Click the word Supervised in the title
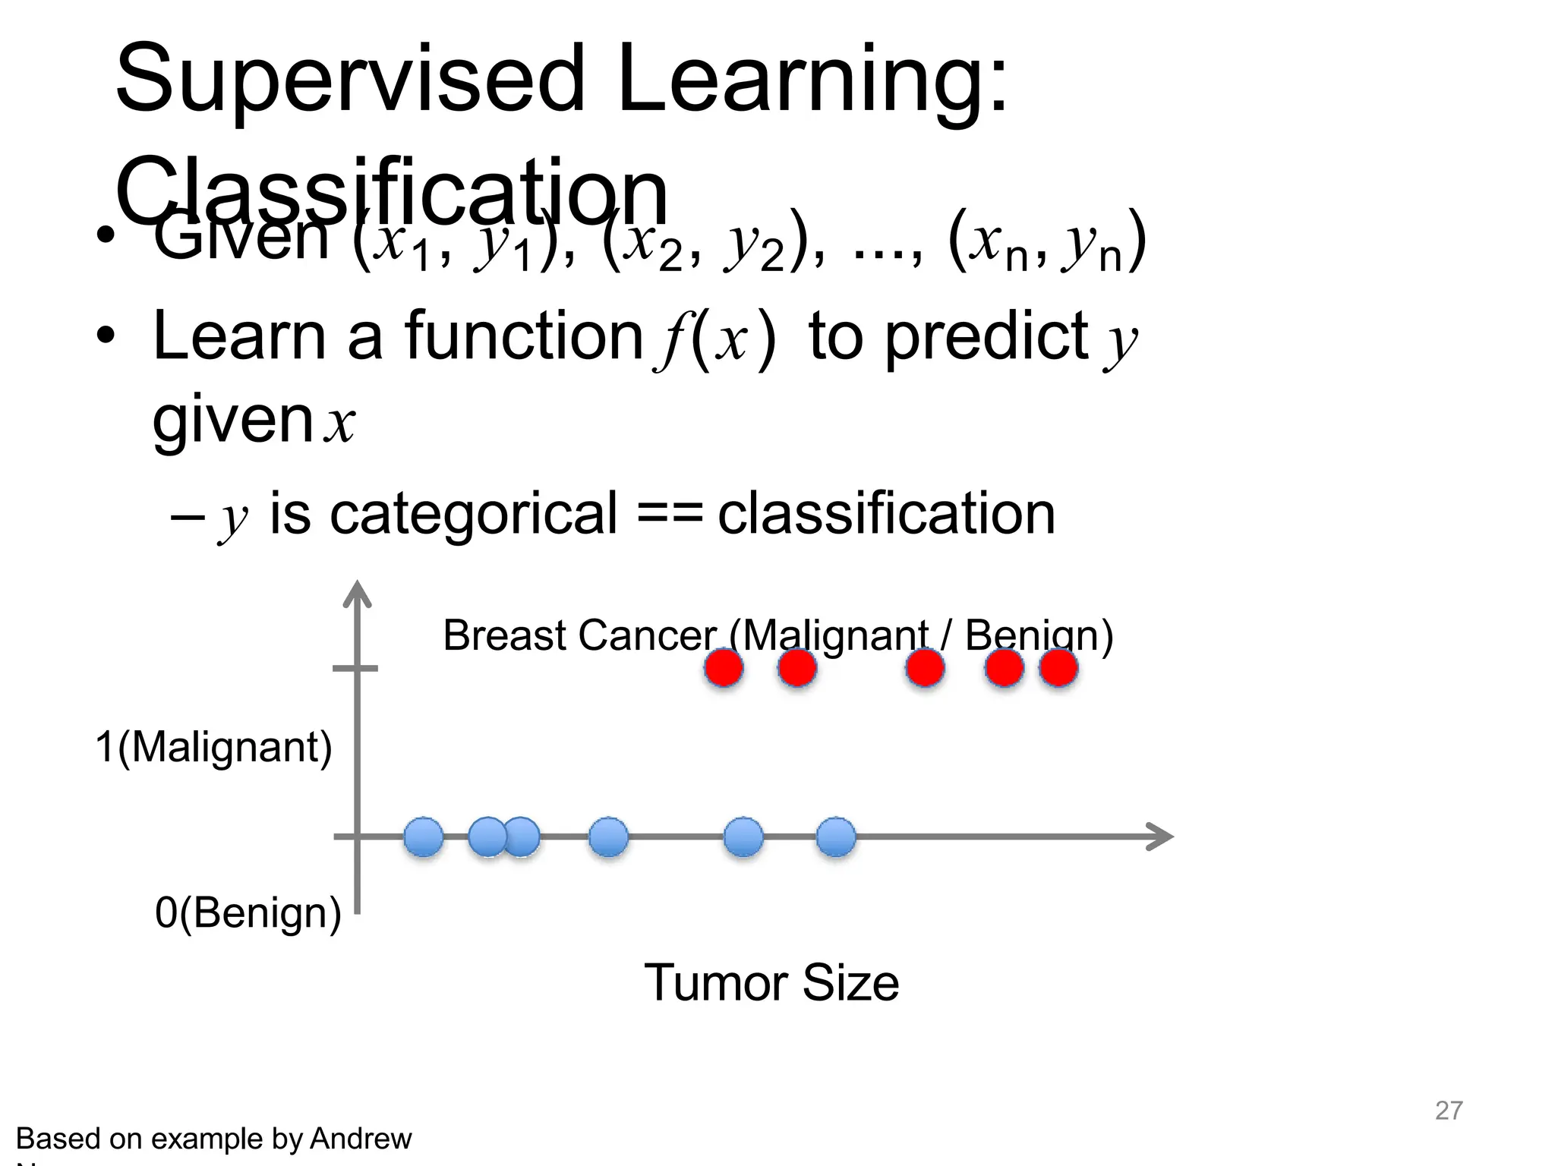(x=349, y=80)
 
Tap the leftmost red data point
(x=724, y=668)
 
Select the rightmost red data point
(x=1058, y=668)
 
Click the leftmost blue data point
(x=424, y=837)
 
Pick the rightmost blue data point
(x=836, y=837)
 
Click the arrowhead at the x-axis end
(x=1162, y=837)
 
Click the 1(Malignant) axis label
(x=214, y=747)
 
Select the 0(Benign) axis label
(x=248, y=912)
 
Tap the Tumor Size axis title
(x=771, y=982)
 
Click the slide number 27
(x=1448, y=1110)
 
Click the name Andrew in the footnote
(x=361, y=1139)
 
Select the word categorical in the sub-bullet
(x=473, y=515)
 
